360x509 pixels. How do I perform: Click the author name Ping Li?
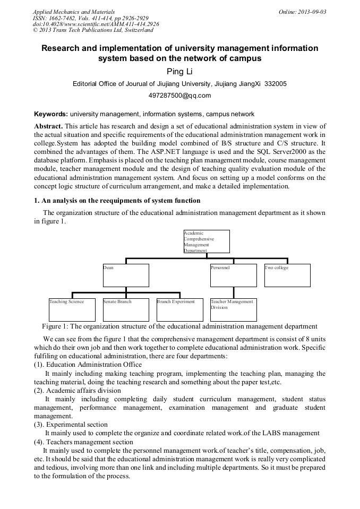click(x=179, y=71)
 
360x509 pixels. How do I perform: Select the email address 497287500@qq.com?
click(x=179, y=96)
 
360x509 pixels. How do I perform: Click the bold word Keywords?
click(x=51, y=114)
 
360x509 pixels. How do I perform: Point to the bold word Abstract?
click(x=48, y=126)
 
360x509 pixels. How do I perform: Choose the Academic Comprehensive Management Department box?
click(x=207, y=241)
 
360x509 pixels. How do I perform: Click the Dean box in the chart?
click(x=126, y=275)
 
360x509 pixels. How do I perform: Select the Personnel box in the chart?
click(x=233, y=275)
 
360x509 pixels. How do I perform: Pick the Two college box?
click(x=287, y=275)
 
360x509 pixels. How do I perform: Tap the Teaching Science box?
click(x=72, y=309)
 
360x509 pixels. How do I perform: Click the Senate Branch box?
click(x=126, y=309)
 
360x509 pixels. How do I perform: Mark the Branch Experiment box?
click(x=179, y=309)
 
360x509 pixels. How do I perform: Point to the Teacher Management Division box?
click(x=233, y=309)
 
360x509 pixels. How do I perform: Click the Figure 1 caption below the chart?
click(x=179, y=326)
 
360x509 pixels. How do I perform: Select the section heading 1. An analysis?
click(x=117, y=200)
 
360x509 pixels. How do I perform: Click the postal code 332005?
click(x=276, y=84)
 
